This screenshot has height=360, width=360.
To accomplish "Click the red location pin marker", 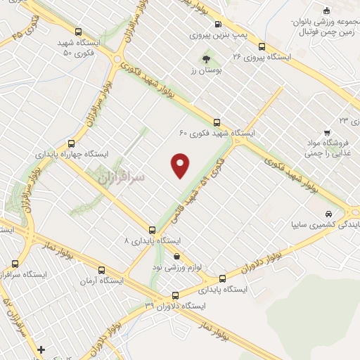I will click(x=181, y=165).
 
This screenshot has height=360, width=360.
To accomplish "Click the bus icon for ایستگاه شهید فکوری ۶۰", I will click(x=217, y=120).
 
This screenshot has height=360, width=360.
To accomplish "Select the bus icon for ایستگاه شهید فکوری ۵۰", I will click(x=78, y=32).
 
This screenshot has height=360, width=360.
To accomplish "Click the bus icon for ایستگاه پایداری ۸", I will click(x=152, y=229).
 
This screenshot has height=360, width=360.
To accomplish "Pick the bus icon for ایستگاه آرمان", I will click(x=102, y=270).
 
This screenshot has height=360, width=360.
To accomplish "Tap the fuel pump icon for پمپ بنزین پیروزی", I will click(x=217, y=22).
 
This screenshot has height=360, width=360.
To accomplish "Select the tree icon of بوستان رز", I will click(x=206, y=59).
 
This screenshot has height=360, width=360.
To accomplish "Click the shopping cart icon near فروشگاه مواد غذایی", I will click(x=327, y=132).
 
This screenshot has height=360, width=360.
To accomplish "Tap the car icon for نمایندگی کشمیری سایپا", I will click(x=328, y=214).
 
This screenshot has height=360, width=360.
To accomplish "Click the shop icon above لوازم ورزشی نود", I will click(x=176, y=256).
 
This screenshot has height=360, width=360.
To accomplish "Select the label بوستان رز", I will click(x=206, y=71).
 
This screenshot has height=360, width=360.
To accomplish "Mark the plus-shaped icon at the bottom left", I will click(x=41, y=349).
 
